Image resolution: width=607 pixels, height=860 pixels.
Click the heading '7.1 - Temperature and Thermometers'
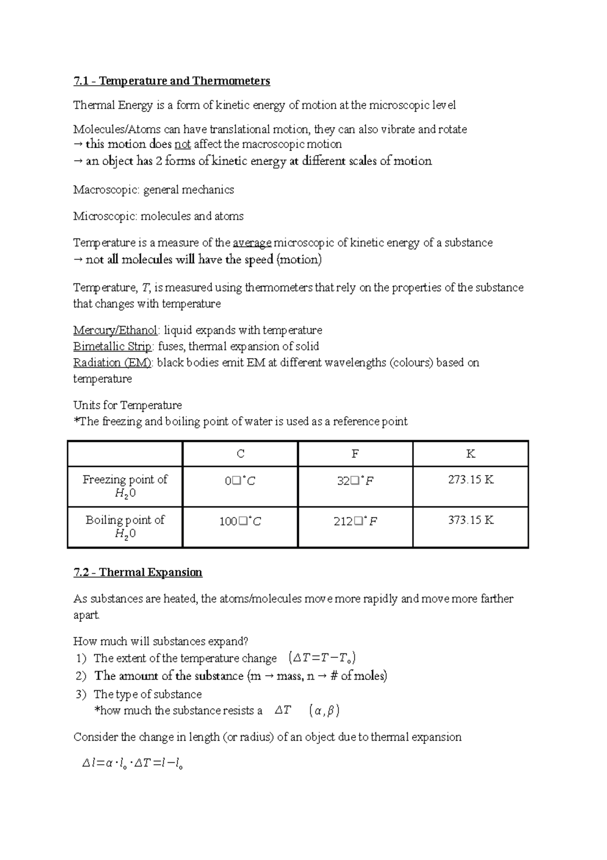(x=171, y=81)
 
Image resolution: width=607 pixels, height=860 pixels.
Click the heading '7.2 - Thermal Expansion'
(x=138, y=572)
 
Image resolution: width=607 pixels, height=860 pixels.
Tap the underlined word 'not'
(x=182, y=144)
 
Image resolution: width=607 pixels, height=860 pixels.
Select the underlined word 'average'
(x=252, y=243)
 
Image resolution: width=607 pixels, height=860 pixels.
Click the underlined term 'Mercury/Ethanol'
(x=115, y=330)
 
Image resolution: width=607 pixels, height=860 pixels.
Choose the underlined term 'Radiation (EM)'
(x=112, y=363)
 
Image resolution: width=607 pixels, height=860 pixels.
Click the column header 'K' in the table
(x=470, y=454)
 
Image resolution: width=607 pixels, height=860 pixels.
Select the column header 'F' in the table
(x=355, y=454)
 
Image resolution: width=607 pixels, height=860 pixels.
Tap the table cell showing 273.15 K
(x=470, y=480)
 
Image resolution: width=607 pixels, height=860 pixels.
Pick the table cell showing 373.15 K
(x=470, y=520)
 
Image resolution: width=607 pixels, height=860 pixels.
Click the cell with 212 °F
(x=355, y=521)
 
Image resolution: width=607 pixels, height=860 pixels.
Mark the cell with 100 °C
(x=240, y=521)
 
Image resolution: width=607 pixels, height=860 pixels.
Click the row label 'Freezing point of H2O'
(x=125, y=486)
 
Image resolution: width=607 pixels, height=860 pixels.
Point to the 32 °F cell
(x=355, y=481)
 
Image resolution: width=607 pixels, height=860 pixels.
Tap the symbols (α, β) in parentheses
(x=324, y=711)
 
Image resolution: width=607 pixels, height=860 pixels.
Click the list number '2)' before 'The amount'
(x=81, y=676)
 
